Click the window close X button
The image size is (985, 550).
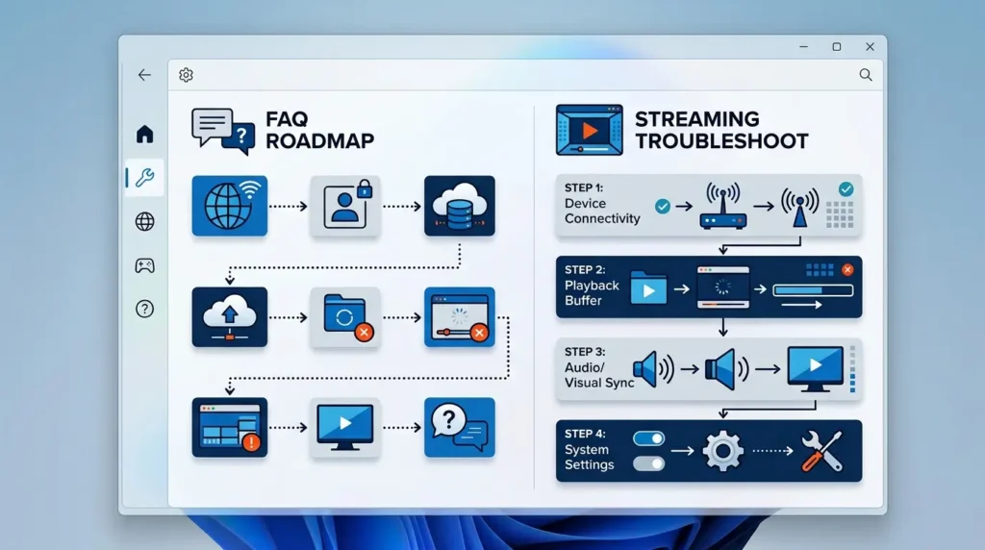point(870,46)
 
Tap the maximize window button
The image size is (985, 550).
point(836,46)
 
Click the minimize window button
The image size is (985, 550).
point(803,46)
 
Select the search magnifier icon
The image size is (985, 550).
point(866,75)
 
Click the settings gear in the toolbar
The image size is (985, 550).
point(186,75)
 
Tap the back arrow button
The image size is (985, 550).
point(144,75)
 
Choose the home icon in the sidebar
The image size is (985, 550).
point(144,134)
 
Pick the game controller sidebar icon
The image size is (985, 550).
point(144,265)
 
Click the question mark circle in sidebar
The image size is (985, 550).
point(144,309)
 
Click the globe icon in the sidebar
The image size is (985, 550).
point(144,221)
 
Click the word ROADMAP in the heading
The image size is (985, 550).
point(319,140)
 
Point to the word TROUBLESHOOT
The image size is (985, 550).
point(721,141)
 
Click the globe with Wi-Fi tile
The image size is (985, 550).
point(230,206)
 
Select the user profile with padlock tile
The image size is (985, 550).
point(345,206)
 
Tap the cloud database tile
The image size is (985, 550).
point(459,206)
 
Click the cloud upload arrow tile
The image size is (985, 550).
point(230,317)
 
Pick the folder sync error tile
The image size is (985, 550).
point(345,317)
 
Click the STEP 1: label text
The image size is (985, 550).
point(584,187)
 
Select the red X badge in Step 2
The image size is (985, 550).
point(847,270)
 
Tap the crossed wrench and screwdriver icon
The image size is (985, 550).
point(821,451)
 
